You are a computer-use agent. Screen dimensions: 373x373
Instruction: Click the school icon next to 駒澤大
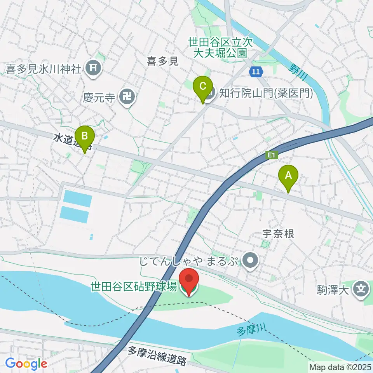click(x=360, y=289)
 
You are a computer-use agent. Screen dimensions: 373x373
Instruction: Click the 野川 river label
click(x=298, y=72)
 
